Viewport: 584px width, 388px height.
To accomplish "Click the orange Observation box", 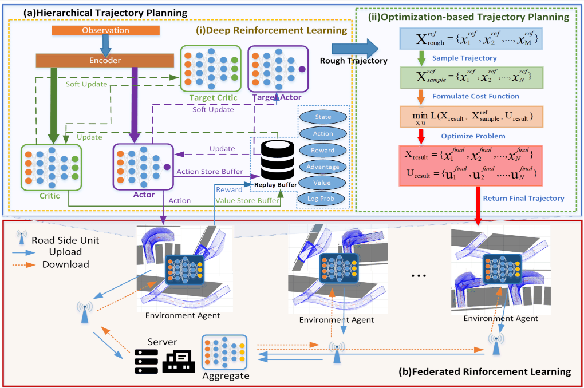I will (105, 30).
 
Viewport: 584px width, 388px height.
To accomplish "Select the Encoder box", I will (105, 60).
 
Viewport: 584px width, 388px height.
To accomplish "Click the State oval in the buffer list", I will (323, 117).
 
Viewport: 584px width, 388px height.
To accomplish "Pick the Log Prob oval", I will (323, 199).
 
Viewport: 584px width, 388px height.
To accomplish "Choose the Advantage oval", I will (323, 167).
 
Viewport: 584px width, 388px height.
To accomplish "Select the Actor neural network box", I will (143, 167).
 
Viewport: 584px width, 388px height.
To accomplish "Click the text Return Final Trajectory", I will (523, 199).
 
